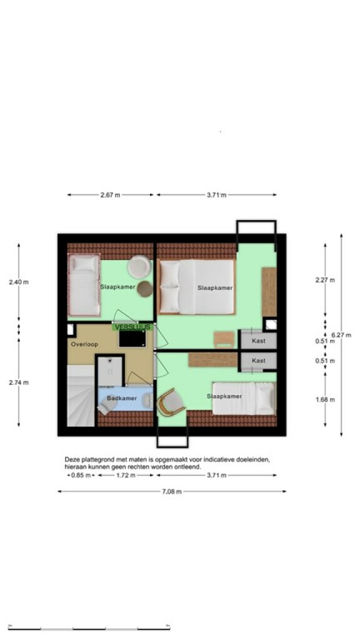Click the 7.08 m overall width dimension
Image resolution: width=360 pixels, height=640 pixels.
coord(171,491)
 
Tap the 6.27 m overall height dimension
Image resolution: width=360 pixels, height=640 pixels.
coord(342,335)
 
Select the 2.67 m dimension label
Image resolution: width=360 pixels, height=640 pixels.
coord(110,195)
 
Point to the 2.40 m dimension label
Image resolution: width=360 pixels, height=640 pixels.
coord(19,282)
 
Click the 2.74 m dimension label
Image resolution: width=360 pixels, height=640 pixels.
coord(19,382)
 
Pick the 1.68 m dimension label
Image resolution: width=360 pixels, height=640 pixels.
coord(325,399)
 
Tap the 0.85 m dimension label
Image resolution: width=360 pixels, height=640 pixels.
coord(81,475)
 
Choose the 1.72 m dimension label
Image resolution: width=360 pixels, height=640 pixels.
coord(125,475)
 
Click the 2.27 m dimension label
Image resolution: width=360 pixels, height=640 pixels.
coord(325,280)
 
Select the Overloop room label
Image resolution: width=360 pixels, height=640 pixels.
coord(84,344)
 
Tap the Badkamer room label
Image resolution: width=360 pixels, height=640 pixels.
coord(122,398)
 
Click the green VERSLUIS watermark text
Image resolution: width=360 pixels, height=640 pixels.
coord(132,327)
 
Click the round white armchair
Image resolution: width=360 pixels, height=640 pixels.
coord(139,267)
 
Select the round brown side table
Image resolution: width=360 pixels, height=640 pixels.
coord(145,289)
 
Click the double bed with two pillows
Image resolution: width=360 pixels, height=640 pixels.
coord(197,287)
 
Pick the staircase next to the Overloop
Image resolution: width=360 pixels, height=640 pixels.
coord(81,396)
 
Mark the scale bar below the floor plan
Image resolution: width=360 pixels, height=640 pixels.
coord(89,627)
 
